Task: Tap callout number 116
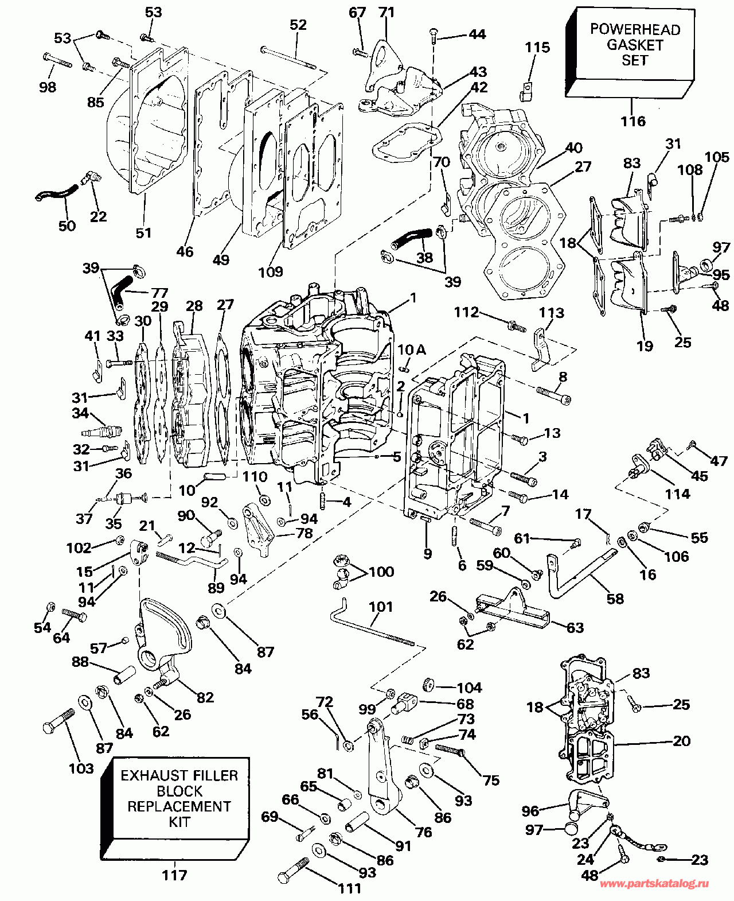633,122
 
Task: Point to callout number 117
174,875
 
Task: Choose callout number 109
270,271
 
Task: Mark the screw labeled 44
434,37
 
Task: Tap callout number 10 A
412,349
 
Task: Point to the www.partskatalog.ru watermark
654,884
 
